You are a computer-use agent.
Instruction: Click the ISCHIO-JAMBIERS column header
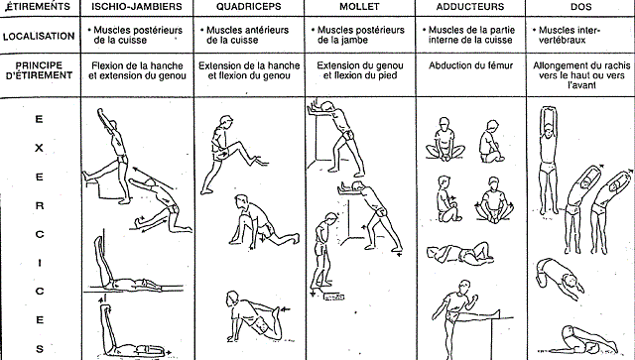click(137, 7)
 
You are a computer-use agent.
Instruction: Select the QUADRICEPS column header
click(249, 7)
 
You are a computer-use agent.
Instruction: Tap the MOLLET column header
click(359, 7)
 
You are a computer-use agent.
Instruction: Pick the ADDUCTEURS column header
click(470, 7)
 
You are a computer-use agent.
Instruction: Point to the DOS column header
click(581, 7)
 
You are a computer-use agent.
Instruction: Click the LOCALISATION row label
click(39, 36)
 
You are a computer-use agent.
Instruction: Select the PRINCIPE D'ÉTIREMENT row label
click(39, 70)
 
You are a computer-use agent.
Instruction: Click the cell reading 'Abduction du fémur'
click(470, 65)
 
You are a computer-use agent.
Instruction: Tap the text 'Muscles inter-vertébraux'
click(567, 35)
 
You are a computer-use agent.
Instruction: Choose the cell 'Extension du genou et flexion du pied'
click(359, 70)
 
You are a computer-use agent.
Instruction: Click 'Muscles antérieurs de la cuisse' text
click(245, 35)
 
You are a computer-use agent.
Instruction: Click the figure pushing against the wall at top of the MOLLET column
click(336, 138)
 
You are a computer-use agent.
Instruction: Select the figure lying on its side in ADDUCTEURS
click(459, 254)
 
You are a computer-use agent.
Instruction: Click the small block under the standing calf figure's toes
click(334, 298)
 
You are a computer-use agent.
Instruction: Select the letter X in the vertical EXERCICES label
click(39, 148)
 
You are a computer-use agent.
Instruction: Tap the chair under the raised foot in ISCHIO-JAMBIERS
click(96, 187)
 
